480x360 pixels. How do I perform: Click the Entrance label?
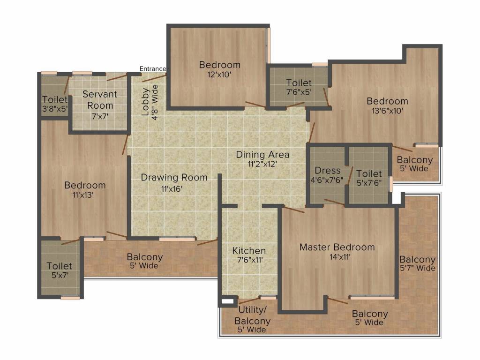coord(153,69)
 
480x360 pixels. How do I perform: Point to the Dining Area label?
coord(262,155)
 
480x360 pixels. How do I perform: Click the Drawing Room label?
coord(174,178)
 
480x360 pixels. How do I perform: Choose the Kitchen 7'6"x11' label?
coord(249,255)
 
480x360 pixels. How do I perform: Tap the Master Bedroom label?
coord(337,247)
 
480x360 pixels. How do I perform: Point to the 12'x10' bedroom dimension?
coord(219,74)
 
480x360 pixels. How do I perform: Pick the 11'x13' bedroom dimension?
coord(85,195)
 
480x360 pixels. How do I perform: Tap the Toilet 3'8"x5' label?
coord(55,104)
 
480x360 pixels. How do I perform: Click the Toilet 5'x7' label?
coord(60,270)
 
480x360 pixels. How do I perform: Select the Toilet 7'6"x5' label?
coord(299,88)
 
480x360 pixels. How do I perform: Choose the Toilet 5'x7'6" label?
coord(369,178)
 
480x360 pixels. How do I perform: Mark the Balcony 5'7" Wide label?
coord(417,264)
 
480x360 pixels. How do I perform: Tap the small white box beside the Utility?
coord(228,302)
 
